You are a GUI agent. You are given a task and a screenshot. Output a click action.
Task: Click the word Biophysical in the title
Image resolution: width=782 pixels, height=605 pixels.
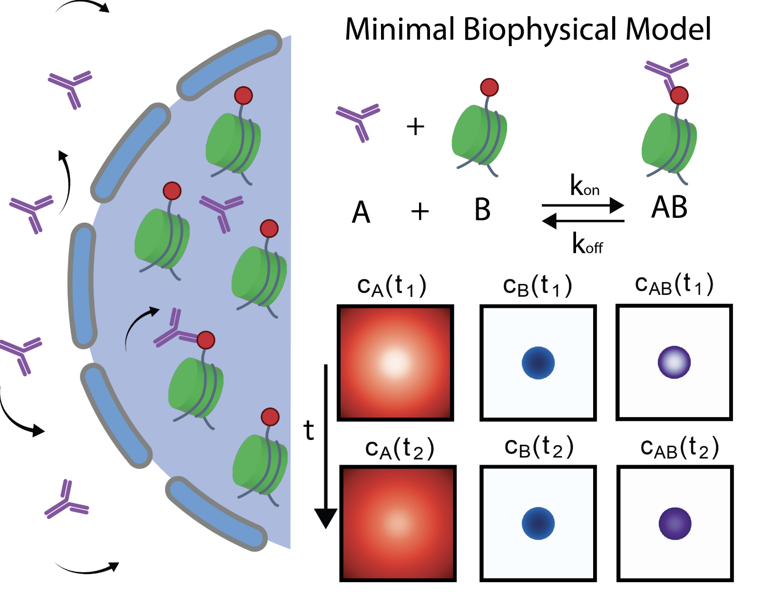tap(540, 29)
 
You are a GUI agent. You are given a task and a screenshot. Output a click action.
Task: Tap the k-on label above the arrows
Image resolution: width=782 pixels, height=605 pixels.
tap(585, 185)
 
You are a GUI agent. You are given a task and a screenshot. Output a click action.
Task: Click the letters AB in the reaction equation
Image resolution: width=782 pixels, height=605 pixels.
tap(669, 207)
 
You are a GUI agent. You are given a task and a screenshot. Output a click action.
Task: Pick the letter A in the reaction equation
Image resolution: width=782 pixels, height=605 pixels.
tap(361, 212)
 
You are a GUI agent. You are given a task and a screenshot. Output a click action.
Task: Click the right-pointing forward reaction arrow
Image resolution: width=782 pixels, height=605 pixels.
tap(583, 205)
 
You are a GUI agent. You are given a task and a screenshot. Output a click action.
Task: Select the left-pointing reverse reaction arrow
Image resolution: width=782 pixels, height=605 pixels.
tap(583, 221)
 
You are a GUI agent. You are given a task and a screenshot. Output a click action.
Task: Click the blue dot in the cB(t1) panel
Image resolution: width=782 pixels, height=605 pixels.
tap(538, 363)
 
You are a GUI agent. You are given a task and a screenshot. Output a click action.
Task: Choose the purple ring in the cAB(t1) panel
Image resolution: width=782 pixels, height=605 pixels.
tap(674, 362)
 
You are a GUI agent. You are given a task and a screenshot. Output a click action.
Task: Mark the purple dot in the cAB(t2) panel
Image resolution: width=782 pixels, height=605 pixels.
tap(674, 524)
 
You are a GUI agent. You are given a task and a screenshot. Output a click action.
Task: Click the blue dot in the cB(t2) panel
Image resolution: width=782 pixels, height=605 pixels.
tap(538, 524)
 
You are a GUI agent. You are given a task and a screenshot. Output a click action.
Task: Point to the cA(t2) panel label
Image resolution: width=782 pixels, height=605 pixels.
tap(400, 449)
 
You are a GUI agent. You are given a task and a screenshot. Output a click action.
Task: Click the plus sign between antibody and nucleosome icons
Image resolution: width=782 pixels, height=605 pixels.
tap(415, 127)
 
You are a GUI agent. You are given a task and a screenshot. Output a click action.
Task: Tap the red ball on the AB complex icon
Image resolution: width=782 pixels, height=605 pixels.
tap(679, 95)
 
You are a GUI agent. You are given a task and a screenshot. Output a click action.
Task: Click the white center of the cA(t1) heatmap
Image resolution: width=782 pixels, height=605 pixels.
tap(395, 362)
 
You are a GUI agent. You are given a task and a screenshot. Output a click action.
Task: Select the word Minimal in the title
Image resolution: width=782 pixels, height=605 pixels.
tap(399, 29)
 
